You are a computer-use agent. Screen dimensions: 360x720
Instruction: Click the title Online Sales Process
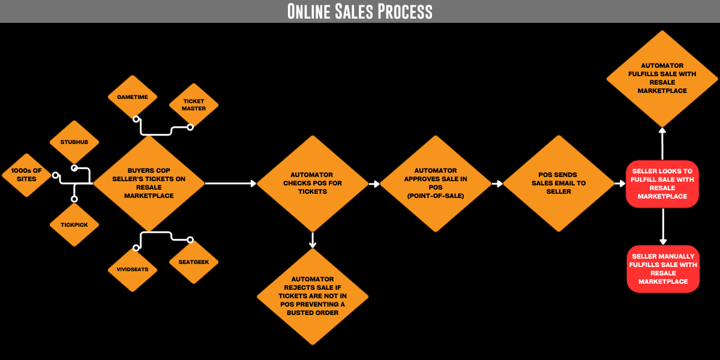click(x=359, y=11)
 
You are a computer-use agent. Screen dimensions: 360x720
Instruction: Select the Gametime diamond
click(x=133, y=97)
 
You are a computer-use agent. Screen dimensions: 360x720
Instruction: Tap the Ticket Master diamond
click(x=193, y=105)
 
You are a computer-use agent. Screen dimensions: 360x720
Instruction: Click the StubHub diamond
click(x=74, y=142)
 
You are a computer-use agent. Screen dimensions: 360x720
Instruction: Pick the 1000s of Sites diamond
click(x=27, y=175)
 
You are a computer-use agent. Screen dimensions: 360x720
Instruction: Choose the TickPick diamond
click(x=74, y=224)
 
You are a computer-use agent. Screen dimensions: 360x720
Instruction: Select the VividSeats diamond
click(x=133, y=269)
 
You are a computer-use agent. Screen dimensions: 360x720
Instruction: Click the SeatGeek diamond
click(x=193, y=262)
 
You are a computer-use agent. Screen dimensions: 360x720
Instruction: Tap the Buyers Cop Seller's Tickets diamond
click(x=149, y=183)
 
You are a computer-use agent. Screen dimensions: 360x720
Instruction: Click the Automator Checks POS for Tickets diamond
click(x=313, y=183)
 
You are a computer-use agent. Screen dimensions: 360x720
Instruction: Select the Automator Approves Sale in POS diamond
click(x=435, y=183)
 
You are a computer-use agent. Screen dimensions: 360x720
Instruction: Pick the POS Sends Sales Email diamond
click(x=559, y=183)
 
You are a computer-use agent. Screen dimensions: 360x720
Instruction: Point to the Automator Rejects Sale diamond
click(x=313, y=296)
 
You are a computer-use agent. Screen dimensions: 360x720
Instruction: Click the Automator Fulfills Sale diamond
click(x=662, y=78)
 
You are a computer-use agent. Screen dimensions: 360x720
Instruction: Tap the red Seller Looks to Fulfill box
click(x=662, y=184)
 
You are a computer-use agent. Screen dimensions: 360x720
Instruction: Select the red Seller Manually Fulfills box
click(x=662, y=269)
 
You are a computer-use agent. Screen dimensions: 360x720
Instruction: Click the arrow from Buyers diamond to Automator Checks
click(x=230, y=183)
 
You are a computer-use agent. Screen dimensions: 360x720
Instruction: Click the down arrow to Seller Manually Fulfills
click(x=662, y=226)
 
